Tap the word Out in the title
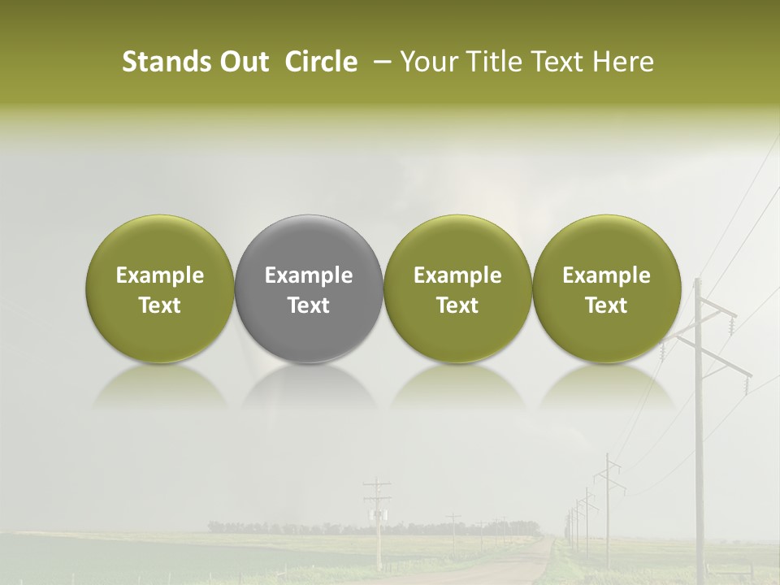point(241,62)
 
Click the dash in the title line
point(379,62)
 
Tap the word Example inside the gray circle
point(309,275)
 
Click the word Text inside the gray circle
point(309,305)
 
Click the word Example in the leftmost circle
point(159,275)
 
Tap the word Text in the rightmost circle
point(606,305)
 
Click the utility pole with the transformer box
point(377,520)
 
